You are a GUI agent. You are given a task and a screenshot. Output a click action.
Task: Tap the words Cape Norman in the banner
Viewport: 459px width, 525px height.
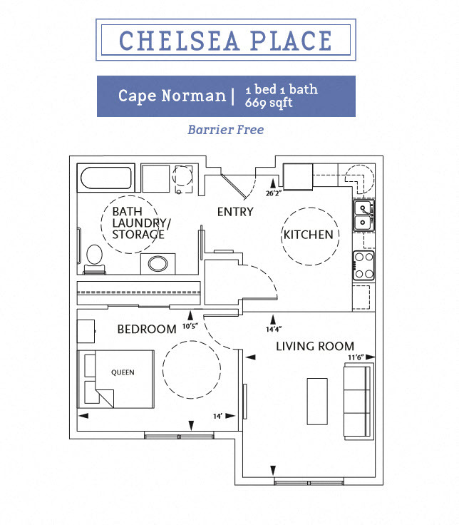click(171, 96)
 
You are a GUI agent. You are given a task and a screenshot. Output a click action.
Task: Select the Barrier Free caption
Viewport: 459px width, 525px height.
click(225, 130)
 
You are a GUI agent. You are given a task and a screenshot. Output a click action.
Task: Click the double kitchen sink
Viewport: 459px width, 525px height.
click(363, 215)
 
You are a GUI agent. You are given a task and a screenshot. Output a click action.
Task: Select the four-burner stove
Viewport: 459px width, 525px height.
click(363, 265)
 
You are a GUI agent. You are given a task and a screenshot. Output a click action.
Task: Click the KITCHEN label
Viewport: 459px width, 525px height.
click(308, 235)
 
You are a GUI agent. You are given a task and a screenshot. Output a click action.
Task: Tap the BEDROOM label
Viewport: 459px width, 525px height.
click(146, 329)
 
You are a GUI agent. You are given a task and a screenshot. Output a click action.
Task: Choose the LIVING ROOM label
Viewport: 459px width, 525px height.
click(315, 346)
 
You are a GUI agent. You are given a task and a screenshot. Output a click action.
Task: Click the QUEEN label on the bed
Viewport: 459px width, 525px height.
click(123, 372)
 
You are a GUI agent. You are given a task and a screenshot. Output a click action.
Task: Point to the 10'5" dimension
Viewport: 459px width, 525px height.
click(190, 327)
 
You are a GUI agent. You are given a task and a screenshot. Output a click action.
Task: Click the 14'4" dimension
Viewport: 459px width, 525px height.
click(274, 330)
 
